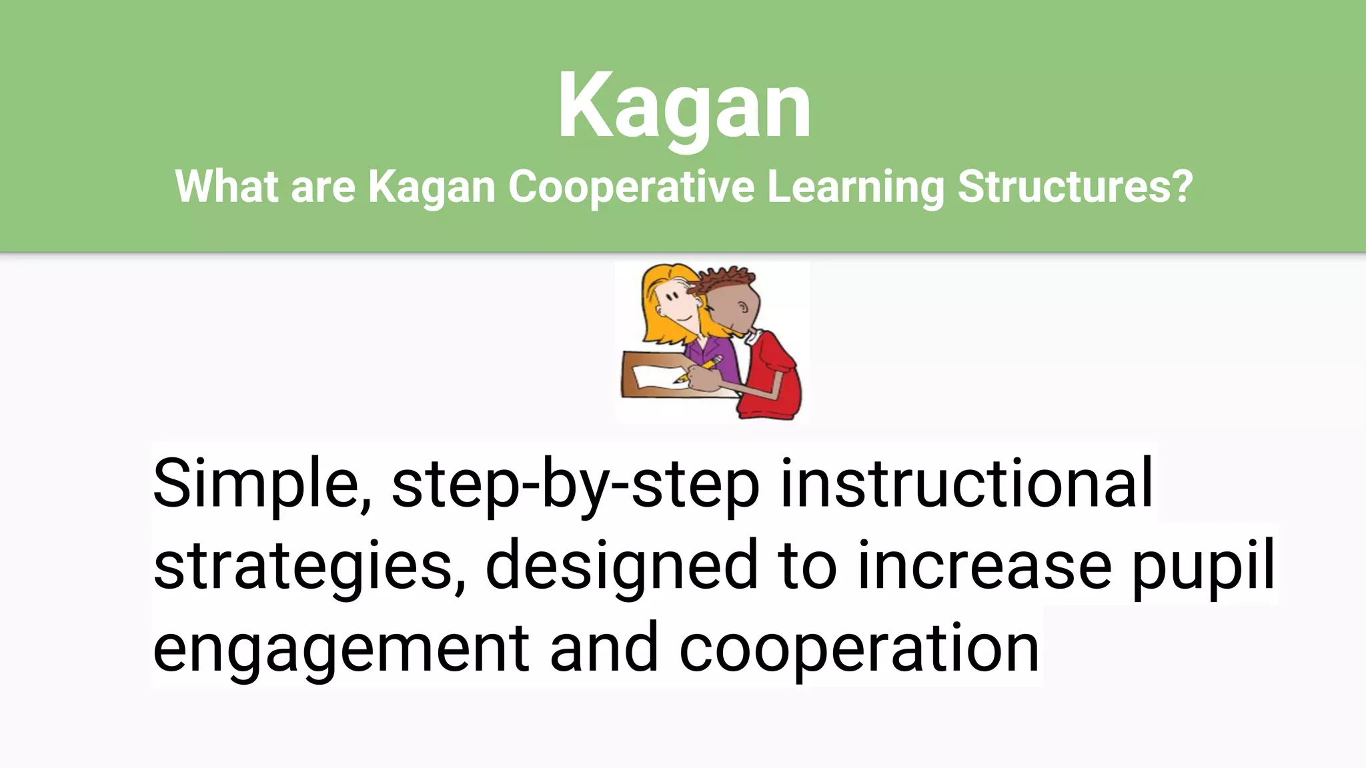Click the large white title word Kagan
click(684, 107)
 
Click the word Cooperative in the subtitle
click(631, 187)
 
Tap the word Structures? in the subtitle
click(1075, 187)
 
